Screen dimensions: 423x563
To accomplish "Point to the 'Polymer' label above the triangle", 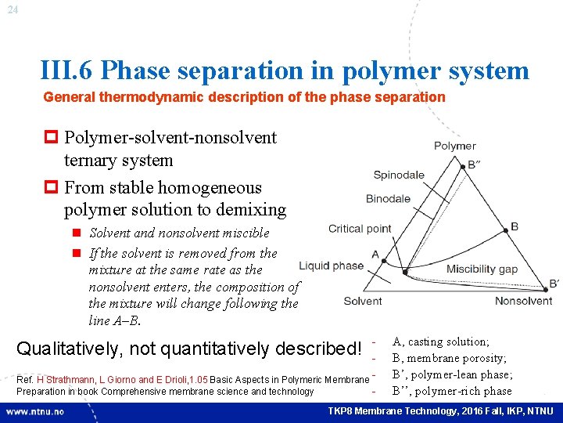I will click(x=454, y=146).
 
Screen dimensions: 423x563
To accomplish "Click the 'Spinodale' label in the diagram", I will click(x=399, y=175).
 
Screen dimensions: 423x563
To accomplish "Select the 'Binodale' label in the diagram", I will click(x=388, y=198).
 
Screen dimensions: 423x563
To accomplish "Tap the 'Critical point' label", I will click(x=360, y=229).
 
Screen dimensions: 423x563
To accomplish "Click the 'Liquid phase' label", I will click(x=331, y=266).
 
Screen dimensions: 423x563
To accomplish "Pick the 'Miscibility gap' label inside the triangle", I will click(x=482, y=269).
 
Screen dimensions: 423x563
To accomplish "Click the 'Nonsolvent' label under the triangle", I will click(x=523, y=301).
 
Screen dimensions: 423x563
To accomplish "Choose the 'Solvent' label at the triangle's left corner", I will click(x=363, y=301).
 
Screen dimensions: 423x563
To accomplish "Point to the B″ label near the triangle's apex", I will click(x=475, y=165).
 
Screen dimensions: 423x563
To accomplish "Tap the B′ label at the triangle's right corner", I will click(x=554, y=284).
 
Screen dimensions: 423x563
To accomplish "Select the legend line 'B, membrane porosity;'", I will click(x=449, y=358).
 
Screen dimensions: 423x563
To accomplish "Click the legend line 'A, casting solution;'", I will click(x=441, y=342).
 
